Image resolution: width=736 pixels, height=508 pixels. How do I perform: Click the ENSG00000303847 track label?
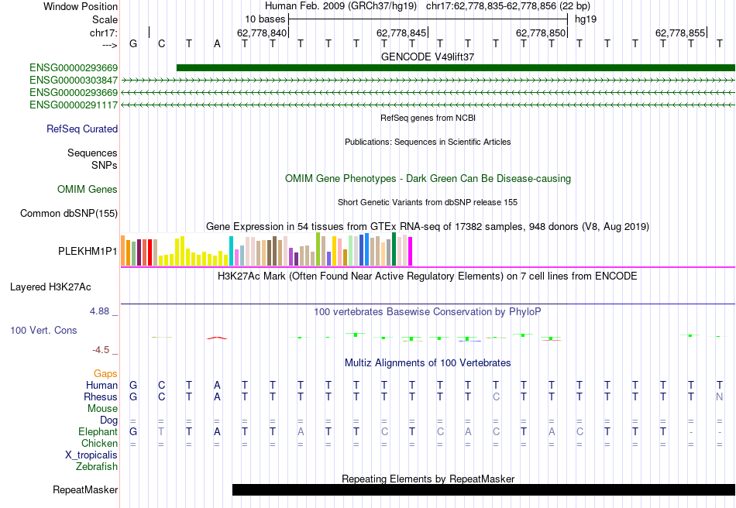(x=74, y=80)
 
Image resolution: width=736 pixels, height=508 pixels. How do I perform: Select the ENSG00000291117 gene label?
(x=74, y=105)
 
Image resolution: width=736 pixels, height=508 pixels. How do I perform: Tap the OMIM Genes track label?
(x=87, y=190)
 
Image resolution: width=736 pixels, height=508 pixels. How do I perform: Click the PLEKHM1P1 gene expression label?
(x=88, y=252)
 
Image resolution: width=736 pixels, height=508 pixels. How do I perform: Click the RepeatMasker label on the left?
(x=85, y=490)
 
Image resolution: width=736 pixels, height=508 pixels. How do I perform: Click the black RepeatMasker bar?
(x=483, y=489)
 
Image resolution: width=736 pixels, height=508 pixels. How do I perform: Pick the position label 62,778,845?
(x=401, y=33)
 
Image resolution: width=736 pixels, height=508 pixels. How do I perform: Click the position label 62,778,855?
(x=680, y=33)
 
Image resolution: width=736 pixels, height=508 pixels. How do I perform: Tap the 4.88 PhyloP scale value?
(x=101, y=311)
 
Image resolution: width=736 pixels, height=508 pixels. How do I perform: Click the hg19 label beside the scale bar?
(x=586, y=19)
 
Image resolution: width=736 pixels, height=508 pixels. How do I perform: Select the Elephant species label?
(x=98, y=432)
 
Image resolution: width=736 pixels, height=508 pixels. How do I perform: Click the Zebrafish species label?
(x=97, y=467)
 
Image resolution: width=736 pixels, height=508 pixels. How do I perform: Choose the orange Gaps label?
(x=105, y=374)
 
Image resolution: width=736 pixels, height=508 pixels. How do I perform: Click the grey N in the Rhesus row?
(x=720, y=397)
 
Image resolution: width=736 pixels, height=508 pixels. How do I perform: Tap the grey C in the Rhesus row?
(x=496, y=397)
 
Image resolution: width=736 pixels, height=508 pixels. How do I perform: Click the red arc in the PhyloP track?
(x=217, y=338)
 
